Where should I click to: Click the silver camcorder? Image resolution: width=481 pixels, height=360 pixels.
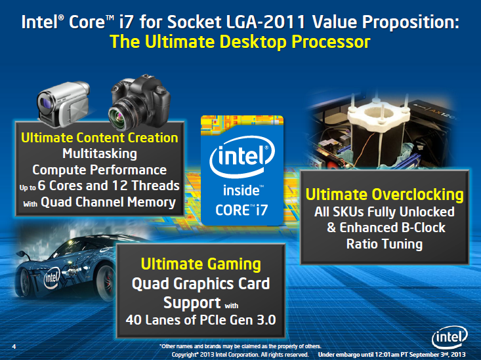[63, 104]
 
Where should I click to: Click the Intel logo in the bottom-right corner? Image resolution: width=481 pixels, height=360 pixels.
[450, 337]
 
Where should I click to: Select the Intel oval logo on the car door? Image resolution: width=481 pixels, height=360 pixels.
[52, 278]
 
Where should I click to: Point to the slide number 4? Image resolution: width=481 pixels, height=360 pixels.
[14, 346]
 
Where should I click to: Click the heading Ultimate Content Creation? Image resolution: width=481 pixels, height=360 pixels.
[100, 138]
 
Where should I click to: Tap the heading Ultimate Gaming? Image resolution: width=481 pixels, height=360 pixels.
[201, 264]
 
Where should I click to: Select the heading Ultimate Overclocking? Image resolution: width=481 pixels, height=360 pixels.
[385, 195]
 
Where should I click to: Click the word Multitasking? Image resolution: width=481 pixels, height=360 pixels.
[100, 153]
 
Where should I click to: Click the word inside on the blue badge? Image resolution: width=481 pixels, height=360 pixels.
[241, 190]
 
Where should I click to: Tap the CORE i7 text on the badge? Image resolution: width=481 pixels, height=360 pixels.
[241, 210]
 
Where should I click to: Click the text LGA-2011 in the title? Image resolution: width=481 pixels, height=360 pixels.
[266, 22]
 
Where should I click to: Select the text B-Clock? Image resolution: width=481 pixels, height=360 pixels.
[420, 228]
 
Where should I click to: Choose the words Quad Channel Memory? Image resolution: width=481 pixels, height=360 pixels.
[108, 202]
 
